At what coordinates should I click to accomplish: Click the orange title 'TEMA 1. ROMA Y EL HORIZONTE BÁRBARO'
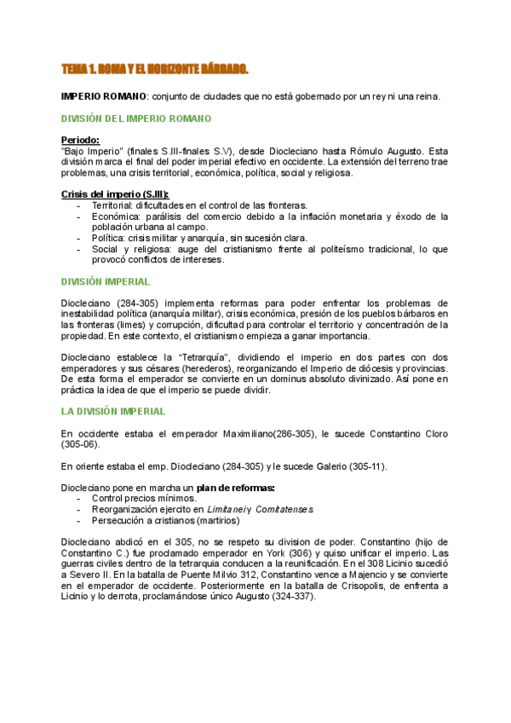coord(155,68)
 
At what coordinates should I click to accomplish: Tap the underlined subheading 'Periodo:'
coord(81,140)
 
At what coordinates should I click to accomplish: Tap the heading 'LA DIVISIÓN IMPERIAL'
coord(114,412)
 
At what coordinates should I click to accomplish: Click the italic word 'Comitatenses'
coord(283,509)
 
